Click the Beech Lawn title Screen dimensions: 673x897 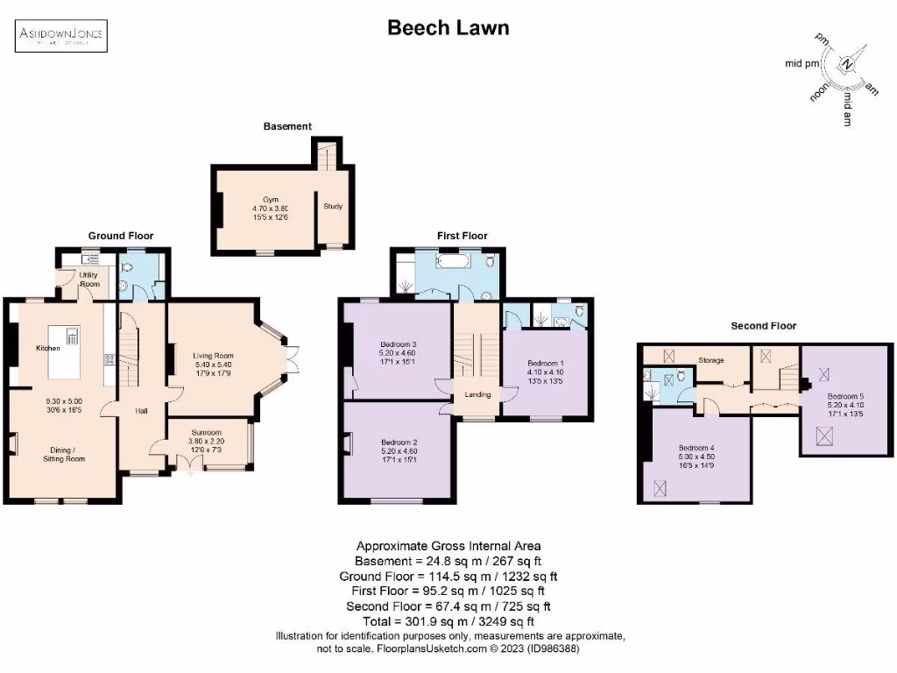pyautogui.click(x=448, y=28)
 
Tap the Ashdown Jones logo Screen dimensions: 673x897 pyautogui.click(x=61, y=35)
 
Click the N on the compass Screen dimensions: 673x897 pyautogui.click(x=846, y=64)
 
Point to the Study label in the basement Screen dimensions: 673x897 pyautogui.click(x=333, y=207)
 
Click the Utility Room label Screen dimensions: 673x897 pyautogui.click(x=89, y=280)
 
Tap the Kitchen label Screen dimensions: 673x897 pyautogui.click(x=47, y=349)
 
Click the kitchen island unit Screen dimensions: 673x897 pyautogui.click(x=67, y=336)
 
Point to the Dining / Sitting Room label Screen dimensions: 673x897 pyautogui.click(x=67, y=453)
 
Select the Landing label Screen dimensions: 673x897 pyautogui.click(x=477, y=394)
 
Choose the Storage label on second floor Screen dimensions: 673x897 pyautogui.click(x=711, y=359)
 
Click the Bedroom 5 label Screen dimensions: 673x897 pyautogui.click(x=845, y=397)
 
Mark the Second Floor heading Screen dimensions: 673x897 pyautogui.click(x=764, y=326)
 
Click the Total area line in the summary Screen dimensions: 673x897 pyautogui.click(x=448, y=620)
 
